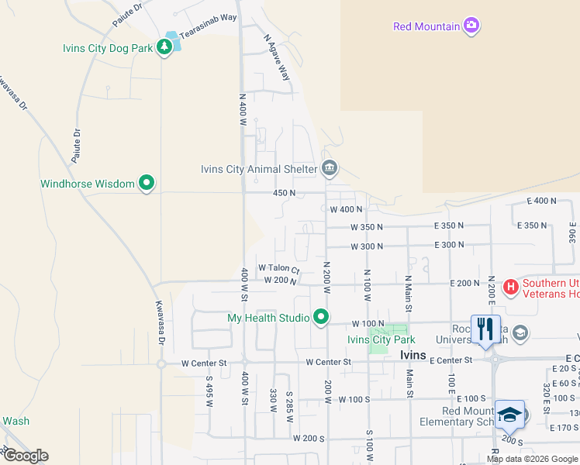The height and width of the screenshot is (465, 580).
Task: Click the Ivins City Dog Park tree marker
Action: (164, 47)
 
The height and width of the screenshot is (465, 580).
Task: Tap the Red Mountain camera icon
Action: (471, 26)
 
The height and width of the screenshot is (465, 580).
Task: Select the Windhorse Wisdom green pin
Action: (147, 184)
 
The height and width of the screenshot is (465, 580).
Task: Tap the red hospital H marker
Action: (511, 288)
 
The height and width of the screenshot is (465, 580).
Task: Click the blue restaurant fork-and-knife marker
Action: (485, 329)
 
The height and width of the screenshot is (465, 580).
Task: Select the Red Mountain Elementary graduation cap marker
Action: (509, 415)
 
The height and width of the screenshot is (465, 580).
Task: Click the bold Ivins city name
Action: (413, 355)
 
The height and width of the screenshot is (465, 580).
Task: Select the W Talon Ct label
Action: (278, 268)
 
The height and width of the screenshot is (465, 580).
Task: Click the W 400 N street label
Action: (346, 209)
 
